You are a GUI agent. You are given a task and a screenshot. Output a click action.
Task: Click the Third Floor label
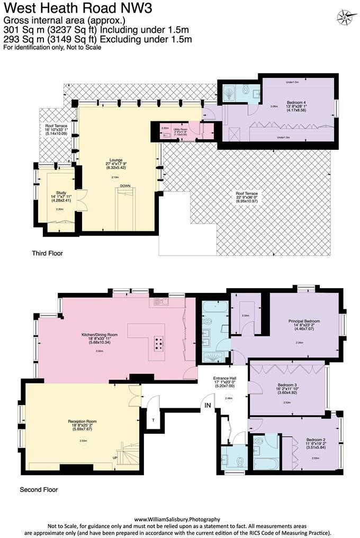47,254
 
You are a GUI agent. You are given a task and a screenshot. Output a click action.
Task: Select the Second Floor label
39,490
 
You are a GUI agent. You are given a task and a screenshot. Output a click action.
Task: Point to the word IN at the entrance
208,405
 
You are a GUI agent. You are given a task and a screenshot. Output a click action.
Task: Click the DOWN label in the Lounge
125,186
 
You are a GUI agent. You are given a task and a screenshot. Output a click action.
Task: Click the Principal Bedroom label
304,321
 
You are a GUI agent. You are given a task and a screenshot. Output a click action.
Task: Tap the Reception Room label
82,422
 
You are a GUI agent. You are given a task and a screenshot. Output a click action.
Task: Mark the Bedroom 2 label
316,440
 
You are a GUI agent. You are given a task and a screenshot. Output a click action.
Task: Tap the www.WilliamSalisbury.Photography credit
177,519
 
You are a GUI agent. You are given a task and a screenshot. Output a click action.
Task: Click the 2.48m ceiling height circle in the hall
229,398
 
